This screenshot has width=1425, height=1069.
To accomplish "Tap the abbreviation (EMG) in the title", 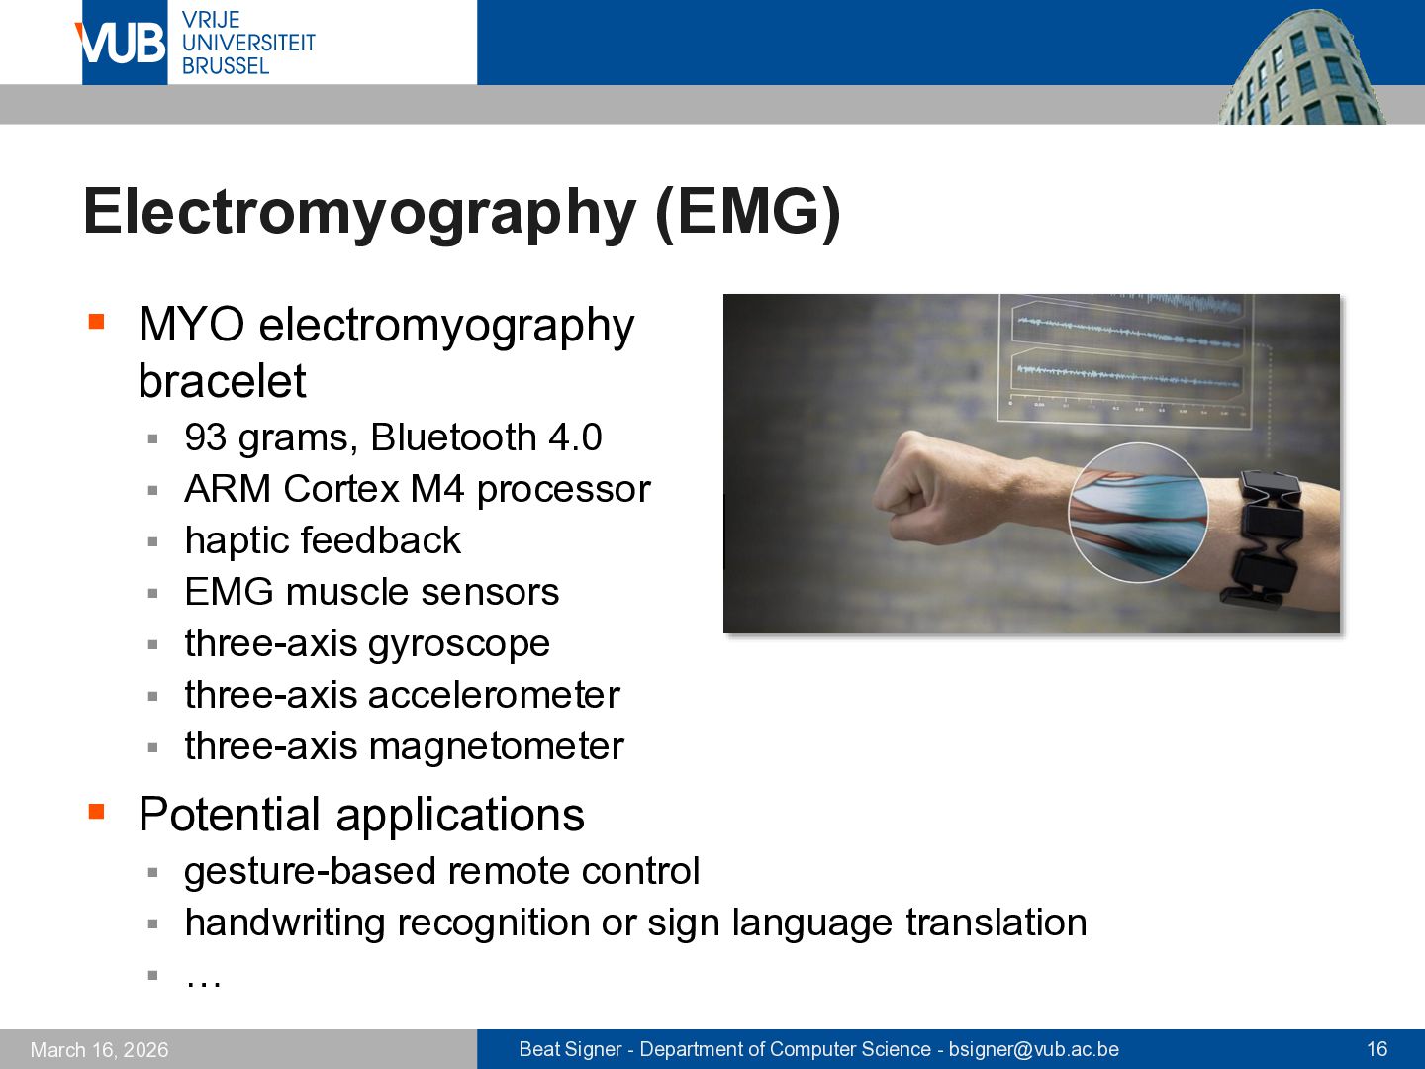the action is click(x=748, y=212).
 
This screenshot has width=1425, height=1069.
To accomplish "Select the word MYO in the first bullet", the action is click(x=192, y=325).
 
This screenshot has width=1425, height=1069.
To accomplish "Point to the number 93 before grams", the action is click(x=205, y=437).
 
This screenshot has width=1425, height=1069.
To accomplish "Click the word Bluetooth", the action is click(x=453, y=437).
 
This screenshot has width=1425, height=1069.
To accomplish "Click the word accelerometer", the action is click(x=494, y=695).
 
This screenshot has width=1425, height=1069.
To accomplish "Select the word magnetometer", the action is click(x=496, y=746).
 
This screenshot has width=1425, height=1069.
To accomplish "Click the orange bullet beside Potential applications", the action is click(x=96, y=811).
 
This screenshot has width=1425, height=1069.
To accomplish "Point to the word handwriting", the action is click(x=285, y=923).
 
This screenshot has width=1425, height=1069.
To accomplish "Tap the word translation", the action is click(x=996, y=922).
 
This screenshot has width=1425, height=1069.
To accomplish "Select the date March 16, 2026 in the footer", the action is click(x=99, y=1050).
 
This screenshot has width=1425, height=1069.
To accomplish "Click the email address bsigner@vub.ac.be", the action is click(x=1033, y=1049).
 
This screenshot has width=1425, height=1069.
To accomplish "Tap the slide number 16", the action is click(x=1377, y=1049).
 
